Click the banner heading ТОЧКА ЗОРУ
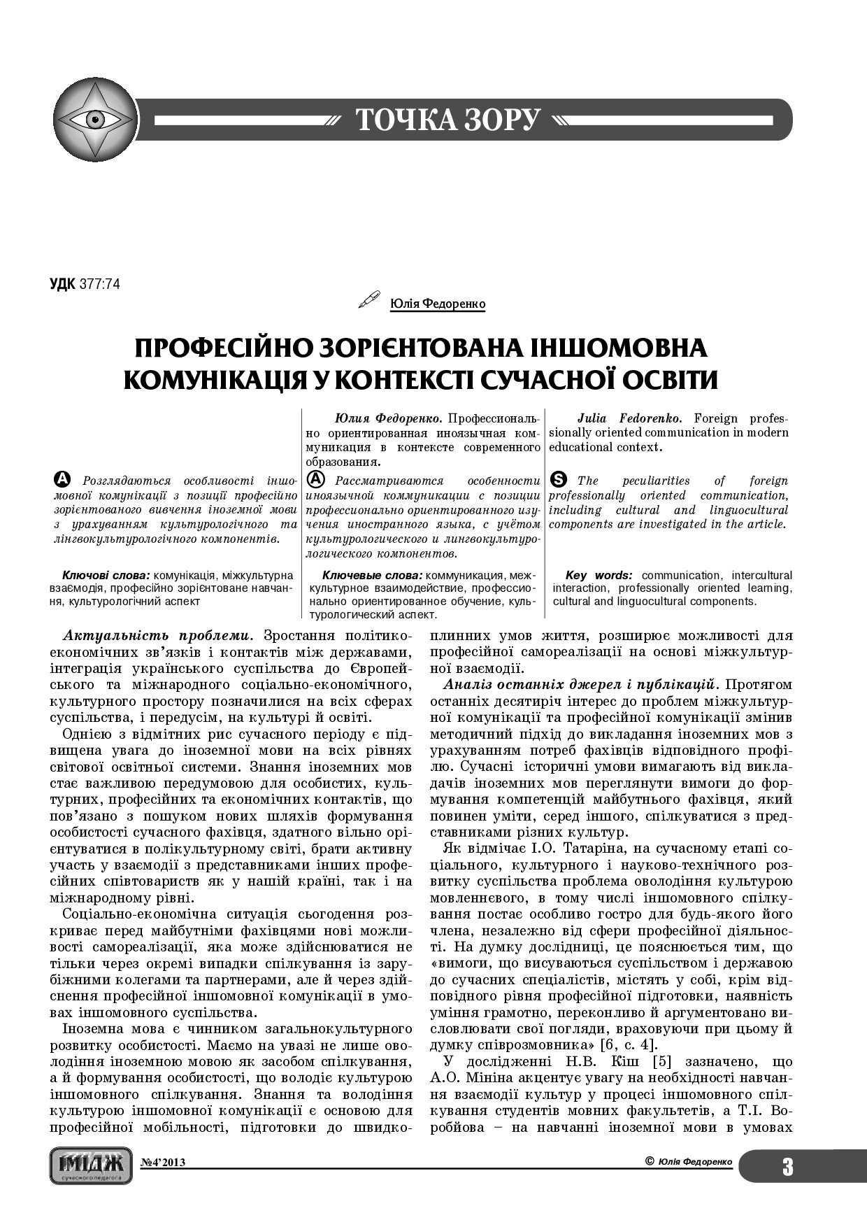click(447, 120)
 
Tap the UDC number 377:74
click(100, 285)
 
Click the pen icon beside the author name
click(368, 301)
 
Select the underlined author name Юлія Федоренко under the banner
click(437, 304)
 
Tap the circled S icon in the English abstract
click(559, 480)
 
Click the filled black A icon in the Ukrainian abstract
click(62, 480)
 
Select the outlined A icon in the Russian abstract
click(316, 480)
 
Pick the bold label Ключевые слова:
click(373, 575)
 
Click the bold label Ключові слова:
click(106, 575)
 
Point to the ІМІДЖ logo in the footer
click(91, 1164)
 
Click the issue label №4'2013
click(163, 1163)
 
